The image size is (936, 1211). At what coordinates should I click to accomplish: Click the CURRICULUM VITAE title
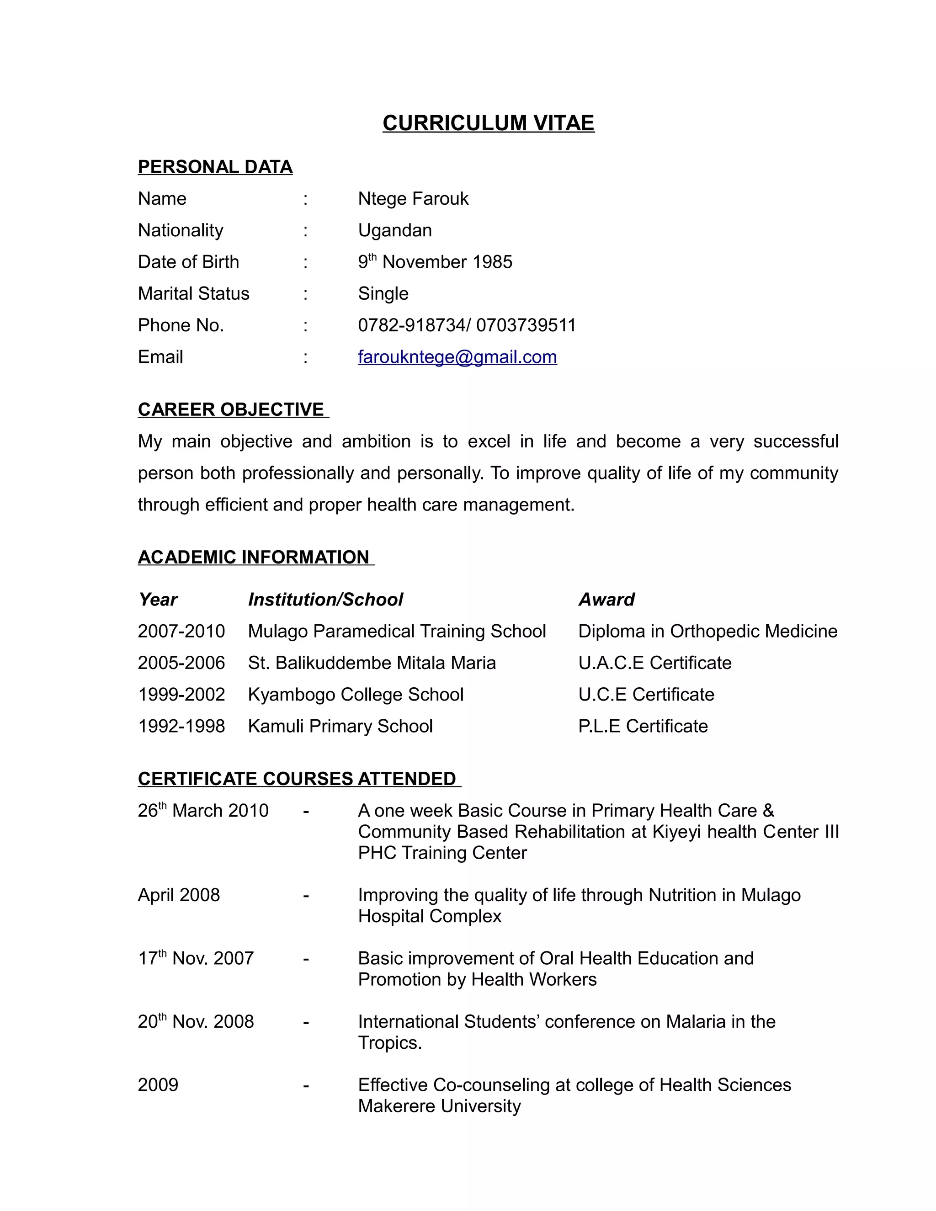pyautogui.click(x=488, y=123)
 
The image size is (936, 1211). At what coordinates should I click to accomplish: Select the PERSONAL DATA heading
pyautogui.click(x=215, y=167)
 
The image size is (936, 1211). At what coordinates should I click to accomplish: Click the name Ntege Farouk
pyautogui.click(x=413, y=198)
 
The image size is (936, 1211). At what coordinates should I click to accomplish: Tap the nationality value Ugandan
pyautogui.click(x=395, y=230)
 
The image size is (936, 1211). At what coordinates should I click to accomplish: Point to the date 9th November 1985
pyautogui.click(x=435, y=262)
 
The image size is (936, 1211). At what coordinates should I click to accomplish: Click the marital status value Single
pyautogui.click(x=383, y=293)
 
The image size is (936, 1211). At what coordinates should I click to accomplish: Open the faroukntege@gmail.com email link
pyautogui.click(x=457, y=357)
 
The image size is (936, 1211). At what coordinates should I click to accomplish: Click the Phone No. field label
pyautogui.click(x=181, y=325)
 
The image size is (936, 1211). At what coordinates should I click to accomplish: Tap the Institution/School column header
pyautogui.click(x=325, y=600)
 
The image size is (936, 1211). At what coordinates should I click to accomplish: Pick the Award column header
pyautogui.click(x=606, y=600)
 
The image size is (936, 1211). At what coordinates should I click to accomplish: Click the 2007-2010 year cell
pyautogui.click(x=181, y=631)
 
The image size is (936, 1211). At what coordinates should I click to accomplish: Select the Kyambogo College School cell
pyautogui.click(x=356, y=694)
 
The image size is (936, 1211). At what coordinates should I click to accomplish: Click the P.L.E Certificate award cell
pyautogui.click(x=643, y=726)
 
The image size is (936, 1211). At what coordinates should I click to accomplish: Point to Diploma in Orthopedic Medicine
pyautogui.click(x=707, y=631)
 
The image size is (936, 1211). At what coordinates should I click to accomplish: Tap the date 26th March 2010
pyautogui.click(x=203, y=811)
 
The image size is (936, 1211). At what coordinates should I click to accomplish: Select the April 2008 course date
pyautogui.click(x=179, y=895)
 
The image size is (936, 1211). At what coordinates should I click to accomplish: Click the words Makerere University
pyautogui.click(x=439, y=1105)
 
